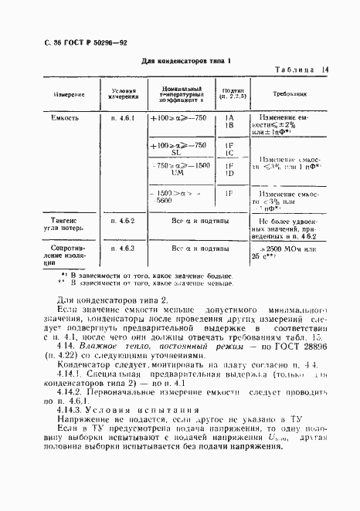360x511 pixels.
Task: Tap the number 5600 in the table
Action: [x=164, y=200]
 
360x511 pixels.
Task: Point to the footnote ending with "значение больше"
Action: [x=139, y=275]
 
